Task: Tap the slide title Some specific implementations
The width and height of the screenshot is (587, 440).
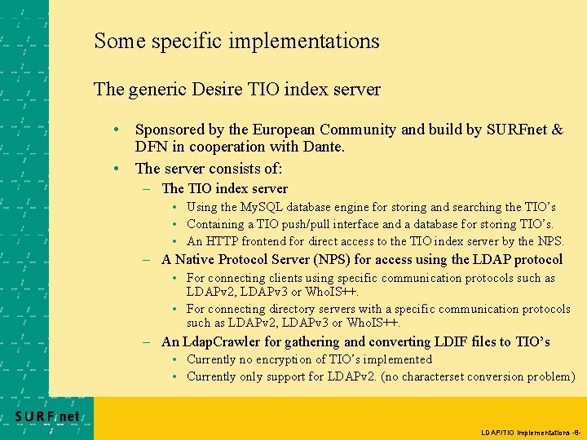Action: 236,40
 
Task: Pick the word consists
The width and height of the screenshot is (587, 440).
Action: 236,169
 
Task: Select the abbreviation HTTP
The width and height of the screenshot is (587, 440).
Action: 222,241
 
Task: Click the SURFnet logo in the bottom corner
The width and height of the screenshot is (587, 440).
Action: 47,416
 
